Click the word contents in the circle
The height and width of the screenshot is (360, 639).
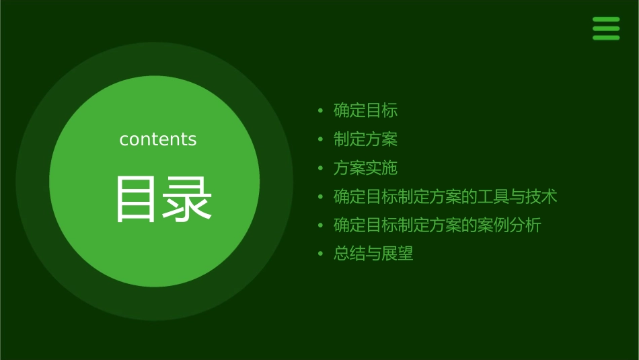coord(158,139)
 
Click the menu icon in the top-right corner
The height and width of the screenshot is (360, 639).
coord(606,29)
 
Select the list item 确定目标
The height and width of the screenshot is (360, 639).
coord(366,110)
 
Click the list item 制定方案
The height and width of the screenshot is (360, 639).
coord(366,139)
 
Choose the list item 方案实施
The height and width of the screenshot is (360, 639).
coord(366,168)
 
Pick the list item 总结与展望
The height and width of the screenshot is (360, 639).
coord(373,254)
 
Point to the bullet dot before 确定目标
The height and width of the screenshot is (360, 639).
coord(321,110)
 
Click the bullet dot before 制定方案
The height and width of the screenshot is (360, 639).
coord(321,139)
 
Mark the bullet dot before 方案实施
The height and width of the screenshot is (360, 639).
coord(321,168)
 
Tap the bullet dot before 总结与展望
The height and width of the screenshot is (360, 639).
coord(321,254)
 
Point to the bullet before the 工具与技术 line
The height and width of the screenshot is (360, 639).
coord(321,197)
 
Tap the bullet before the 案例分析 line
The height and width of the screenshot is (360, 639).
coord(321,225)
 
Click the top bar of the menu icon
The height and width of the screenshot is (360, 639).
coord(606,20)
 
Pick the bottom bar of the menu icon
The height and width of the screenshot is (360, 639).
coord(606,38)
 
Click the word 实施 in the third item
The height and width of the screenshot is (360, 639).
coord(382,168)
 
